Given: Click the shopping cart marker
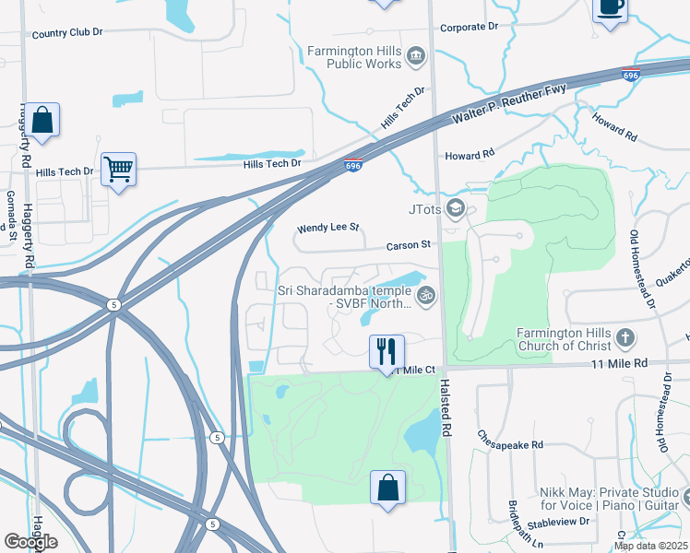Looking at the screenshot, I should [119, 169].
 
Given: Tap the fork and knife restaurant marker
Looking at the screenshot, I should [387, 351].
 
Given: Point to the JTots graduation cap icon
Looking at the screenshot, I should [454, 208].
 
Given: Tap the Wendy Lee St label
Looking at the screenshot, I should [327, 228].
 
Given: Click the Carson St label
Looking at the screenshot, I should [409, 245].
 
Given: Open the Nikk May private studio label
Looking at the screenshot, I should [609, 498].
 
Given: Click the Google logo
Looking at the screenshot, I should [30, 541].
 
